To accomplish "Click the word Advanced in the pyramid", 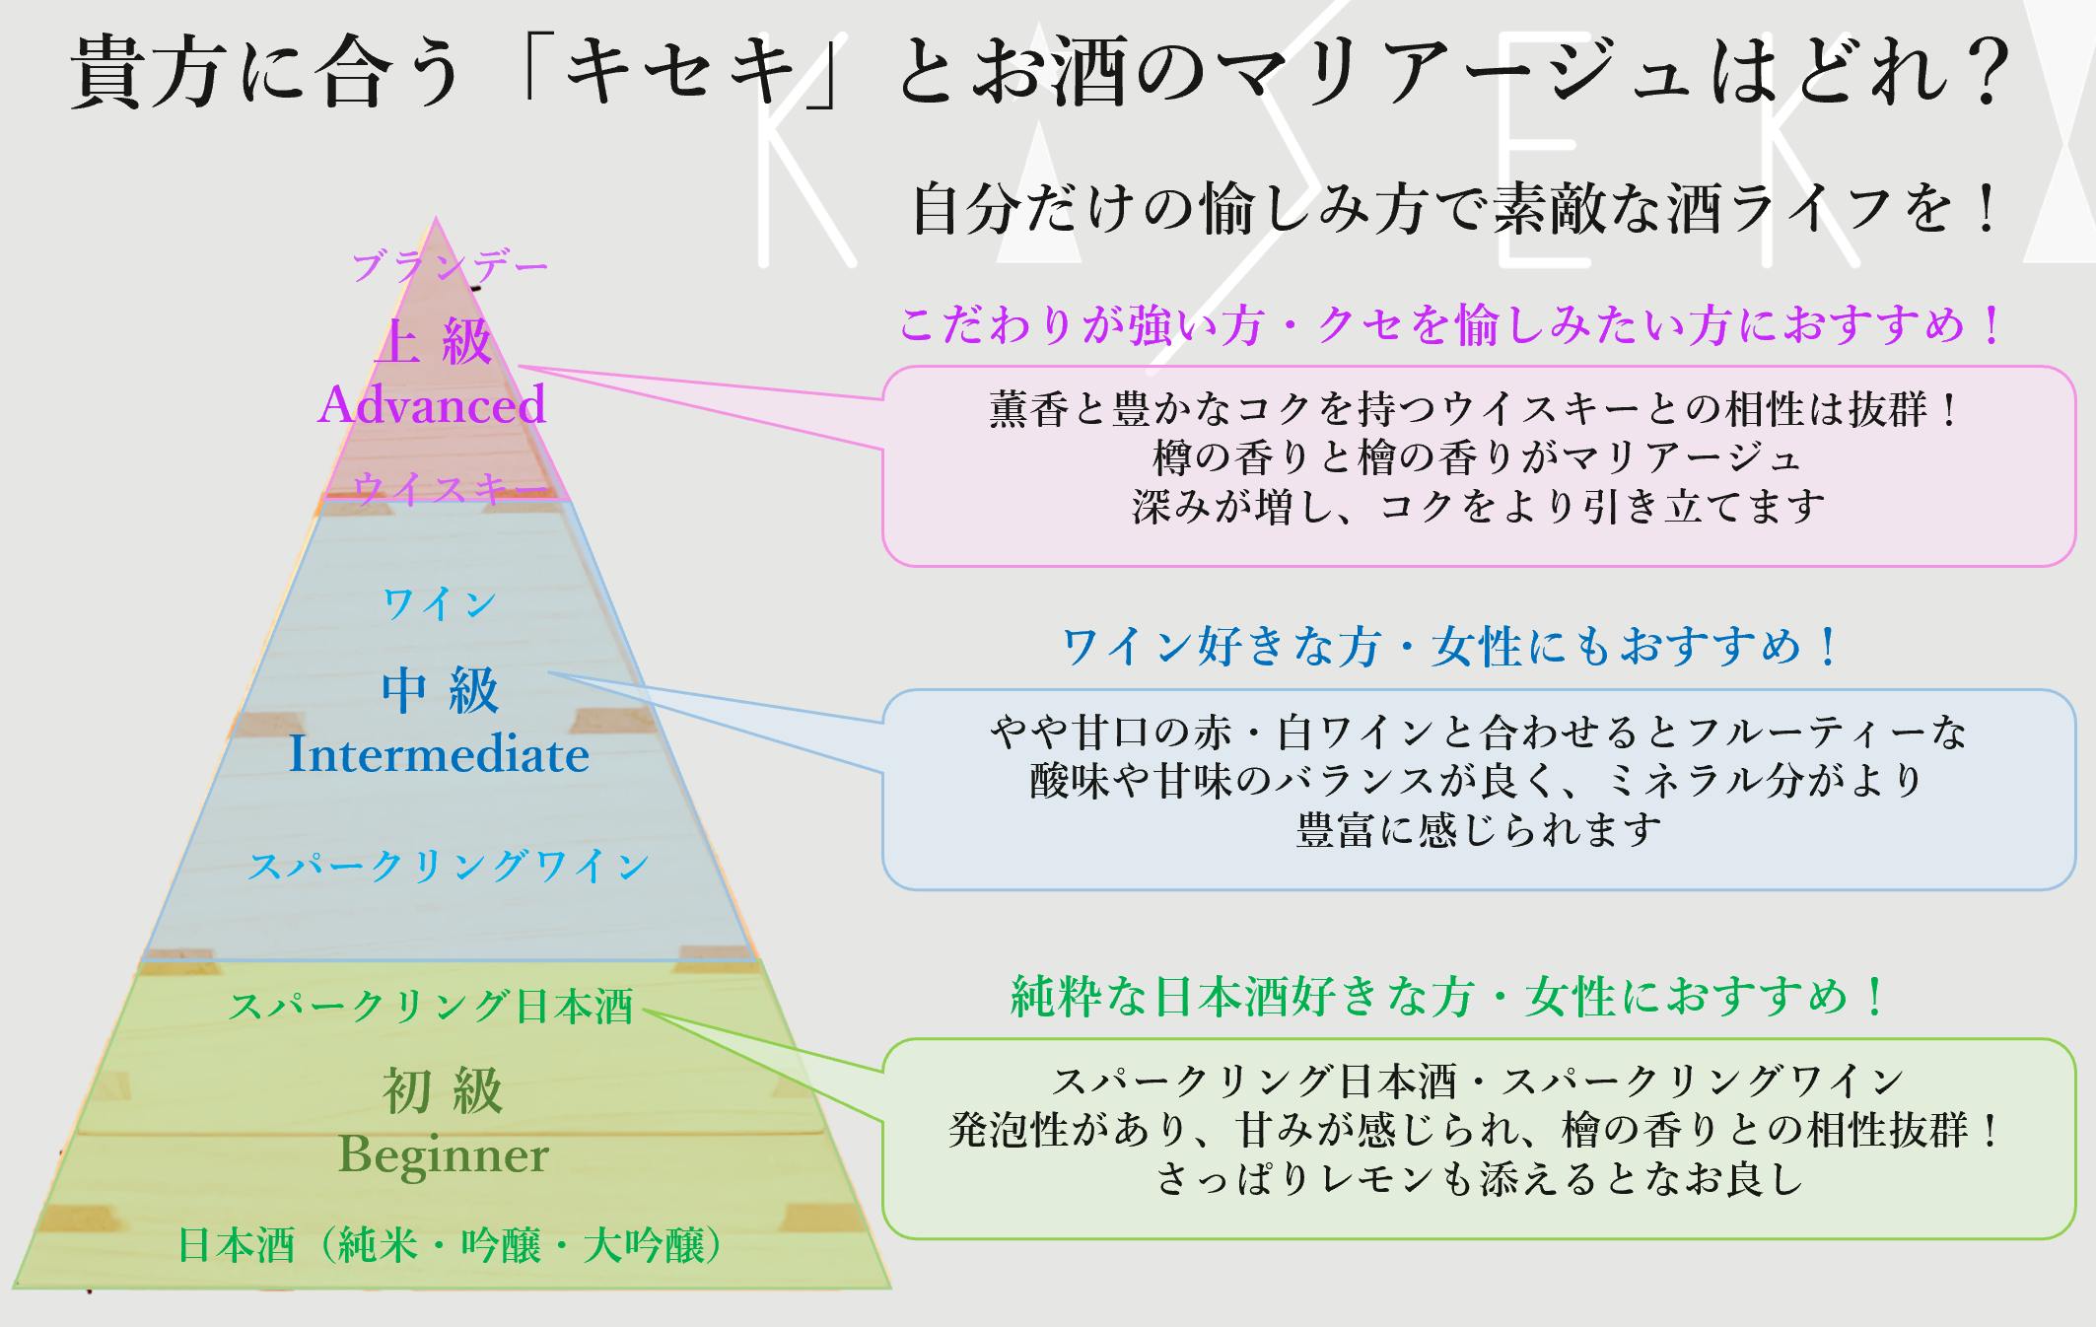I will pos(432,404).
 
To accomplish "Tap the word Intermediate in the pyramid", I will pos(439,755).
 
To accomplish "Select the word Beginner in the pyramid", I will pos(443,1154).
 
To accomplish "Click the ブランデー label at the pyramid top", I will pos(450,266).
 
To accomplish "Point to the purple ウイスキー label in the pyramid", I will pos(450,488).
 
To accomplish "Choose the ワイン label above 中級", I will pos(440,603).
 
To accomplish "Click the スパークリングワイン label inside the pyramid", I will pos(449,866).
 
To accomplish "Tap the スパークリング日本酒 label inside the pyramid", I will pos(431,1007).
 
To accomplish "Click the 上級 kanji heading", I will pos(434,341).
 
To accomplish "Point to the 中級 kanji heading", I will pos(440,690).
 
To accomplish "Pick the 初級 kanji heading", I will pos(443,1090).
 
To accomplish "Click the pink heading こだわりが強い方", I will pos(1449,325).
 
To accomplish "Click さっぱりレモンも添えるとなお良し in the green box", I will pos(1479,1179).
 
